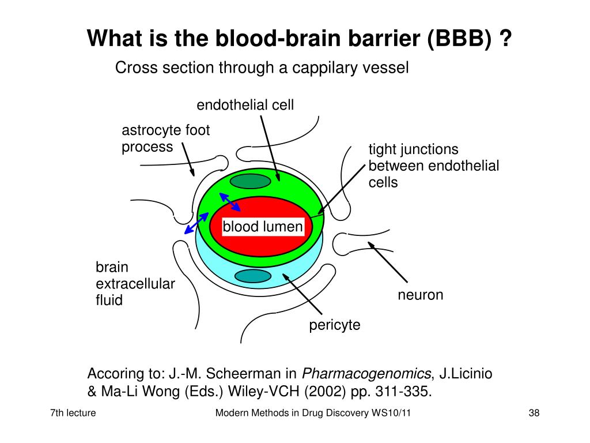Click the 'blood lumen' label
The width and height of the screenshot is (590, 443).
(x=263, y=227)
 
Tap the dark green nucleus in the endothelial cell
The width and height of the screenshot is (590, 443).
(x=250, y=181)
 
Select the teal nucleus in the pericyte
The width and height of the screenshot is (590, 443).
(x=253, y=276)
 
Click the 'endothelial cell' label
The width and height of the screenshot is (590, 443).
(x=245, y=105)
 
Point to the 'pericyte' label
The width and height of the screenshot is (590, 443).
(x=335, y=325)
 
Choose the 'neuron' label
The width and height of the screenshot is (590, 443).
(x=420, y=295)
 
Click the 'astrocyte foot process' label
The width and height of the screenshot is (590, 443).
(x=165, y=138)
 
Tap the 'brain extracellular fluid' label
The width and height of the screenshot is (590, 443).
(x=135, y=284)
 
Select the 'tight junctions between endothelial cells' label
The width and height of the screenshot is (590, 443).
(x=433, y=166)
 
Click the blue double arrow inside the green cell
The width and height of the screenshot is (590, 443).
(x=230, y=202)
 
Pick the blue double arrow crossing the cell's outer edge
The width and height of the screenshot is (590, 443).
(x=196, y=223)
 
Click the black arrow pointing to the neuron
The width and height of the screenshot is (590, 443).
(x=388, y=262)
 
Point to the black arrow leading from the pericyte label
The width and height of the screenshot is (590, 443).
(x=302, y=294)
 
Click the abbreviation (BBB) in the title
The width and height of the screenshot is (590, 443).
(x=459, y=39)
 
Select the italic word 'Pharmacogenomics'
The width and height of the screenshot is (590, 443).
(x=366, y=374)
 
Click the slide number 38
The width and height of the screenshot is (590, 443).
(x=534, y=413)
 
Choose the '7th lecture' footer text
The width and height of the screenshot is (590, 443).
(x=73, y=413)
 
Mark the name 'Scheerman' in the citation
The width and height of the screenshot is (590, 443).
(x=244, y=374)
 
